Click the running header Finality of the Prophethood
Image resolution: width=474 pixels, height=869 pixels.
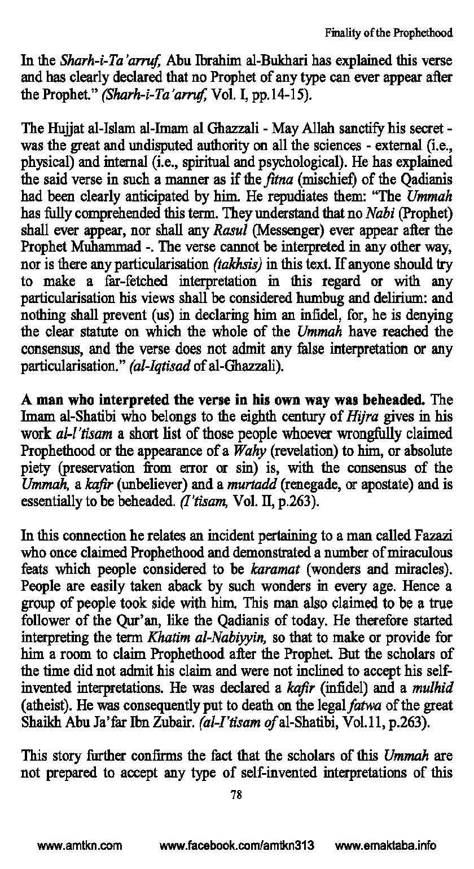pyautogui.click(x=389, y=33)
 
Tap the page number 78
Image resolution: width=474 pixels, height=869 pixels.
pyautogui.click(x=236, y=795)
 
